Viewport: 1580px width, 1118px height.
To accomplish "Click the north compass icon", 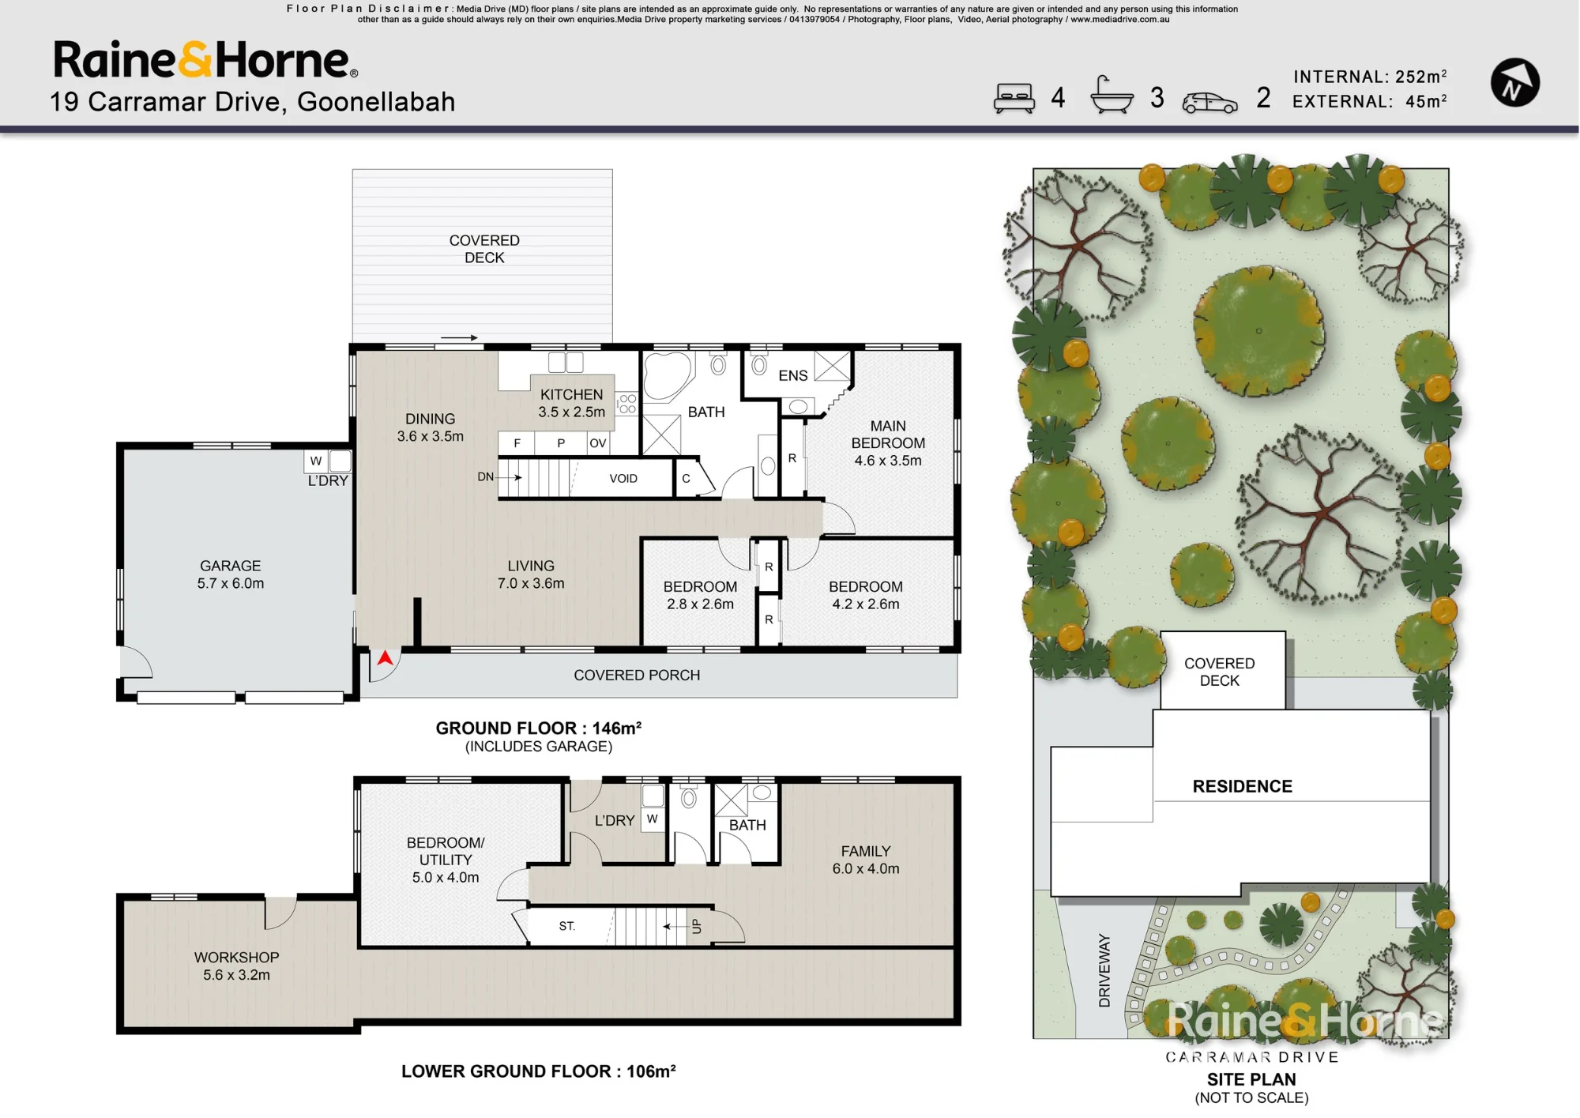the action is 1514,82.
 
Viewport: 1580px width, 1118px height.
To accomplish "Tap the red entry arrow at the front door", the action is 385,657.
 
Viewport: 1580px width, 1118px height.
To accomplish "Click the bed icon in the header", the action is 1014,99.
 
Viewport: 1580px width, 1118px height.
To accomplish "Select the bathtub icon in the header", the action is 1112,96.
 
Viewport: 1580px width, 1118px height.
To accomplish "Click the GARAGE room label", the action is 230,566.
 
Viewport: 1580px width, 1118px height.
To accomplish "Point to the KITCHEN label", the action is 571,394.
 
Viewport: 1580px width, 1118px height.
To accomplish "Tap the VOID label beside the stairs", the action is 623,478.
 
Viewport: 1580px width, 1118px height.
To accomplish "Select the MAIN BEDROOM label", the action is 888,435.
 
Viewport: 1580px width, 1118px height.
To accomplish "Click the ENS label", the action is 793,375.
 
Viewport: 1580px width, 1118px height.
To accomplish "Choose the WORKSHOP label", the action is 236,957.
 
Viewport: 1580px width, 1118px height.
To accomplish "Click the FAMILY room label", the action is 866,851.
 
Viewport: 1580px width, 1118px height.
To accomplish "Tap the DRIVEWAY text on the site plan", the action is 1104,970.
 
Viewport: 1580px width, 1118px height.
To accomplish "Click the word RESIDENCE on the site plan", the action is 1243,786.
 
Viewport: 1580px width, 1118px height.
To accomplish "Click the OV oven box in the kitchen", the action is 598,443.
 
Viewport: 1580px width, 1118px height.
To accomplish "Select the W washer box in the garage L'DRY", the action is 316,461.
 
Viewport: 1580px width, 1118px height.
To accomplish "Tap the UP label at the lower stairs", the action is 696,926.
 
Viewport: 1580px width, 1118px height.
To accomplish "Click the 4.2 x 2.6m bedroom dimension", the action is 866,604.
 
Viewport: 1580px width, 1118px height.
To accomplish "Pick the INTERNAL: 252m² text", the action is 1370,77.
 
